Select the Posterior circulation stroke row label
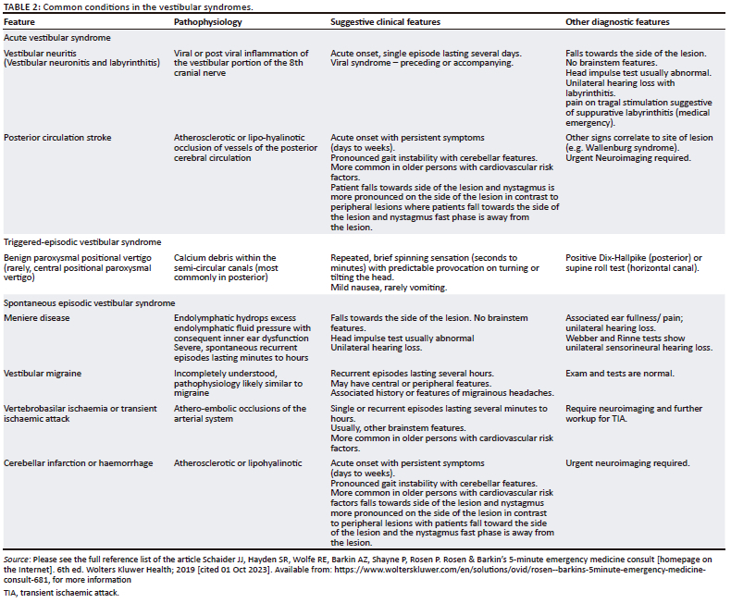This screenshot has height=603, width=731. click(57, 137)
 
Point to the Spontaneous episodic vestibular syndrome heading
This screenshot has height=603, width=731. click(89, 302)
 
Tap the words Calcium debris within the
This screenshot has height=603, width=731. click(225, 257)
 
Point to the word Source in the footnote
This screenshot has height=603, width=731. click(17, 560)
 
